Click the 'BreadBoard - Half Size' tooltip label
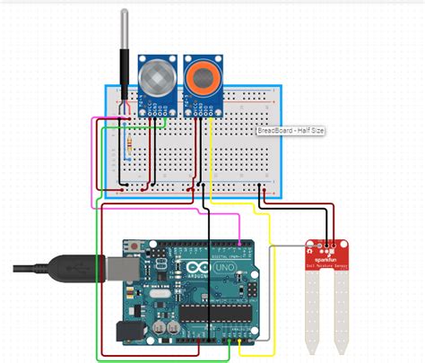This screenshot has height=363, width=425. tap(291, 131)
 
